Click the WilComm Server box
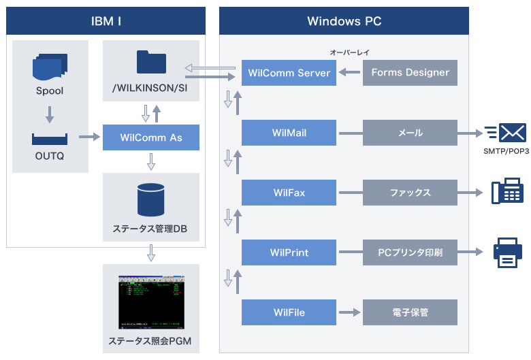point(289,73)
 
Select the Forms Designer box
point(410,73)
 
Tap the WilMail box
point(289,133)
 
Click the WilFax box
point(289,193)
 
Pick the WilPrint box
point(289,252)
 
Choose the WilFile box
point(289,312)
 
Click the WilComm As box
point(150,137)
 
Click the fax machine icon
point(507,191)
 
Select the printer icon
point(507,252)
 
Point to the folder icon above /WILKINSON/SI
point(150,62)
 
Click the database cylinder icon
point(150,198)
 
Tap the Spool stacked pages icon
point(50,67)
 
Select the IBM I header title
point(106,21)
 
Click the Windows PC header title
point(344,21)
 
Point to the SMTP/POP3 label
point(507,150)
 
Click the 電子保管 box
point(410,312)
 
